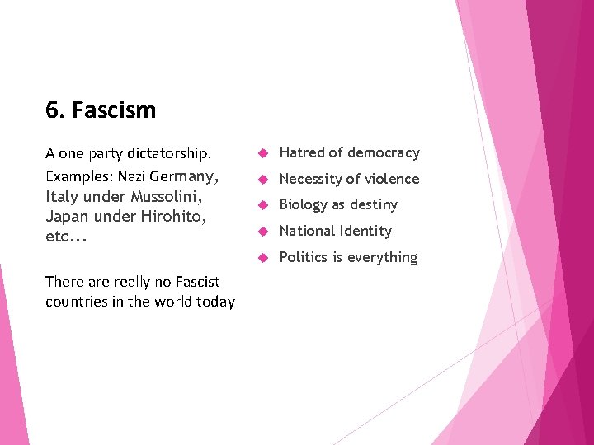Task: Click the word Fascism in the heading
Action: pos(114,110)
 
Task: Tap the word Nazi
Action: pos(134,176)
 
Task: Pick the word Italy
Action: pos(61,197)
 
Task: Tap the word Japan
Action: pos(67,216)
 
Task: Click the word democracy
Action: pos(384,152)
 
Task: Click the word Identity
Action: pos(366,231)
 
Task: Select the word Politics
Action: pos(304,257)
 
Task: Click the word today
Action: pos(214,302)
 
